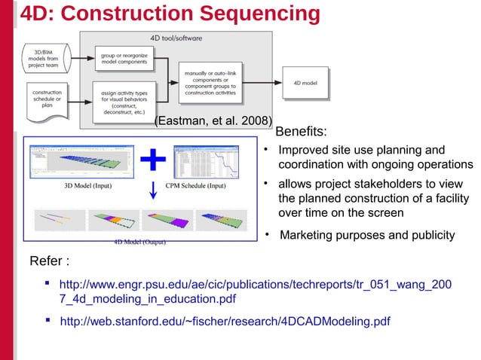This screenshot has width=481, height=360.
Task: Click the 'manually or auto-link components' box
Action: (x=210, y=83)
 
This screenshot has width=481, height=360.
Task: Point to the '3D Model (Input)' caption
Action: (x=87, y=185)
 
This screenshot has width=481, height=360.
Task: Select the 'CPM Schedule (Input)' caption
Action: (x=195, y=185)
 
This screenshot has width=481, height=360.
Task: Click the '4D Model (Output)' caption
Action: (x=139, y=242)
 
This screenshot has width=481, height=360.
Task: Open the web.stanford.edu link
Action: (x=225, y=322)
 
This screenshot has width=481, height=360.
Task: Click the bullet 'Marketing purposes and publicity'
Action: (x=367, y=236)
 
